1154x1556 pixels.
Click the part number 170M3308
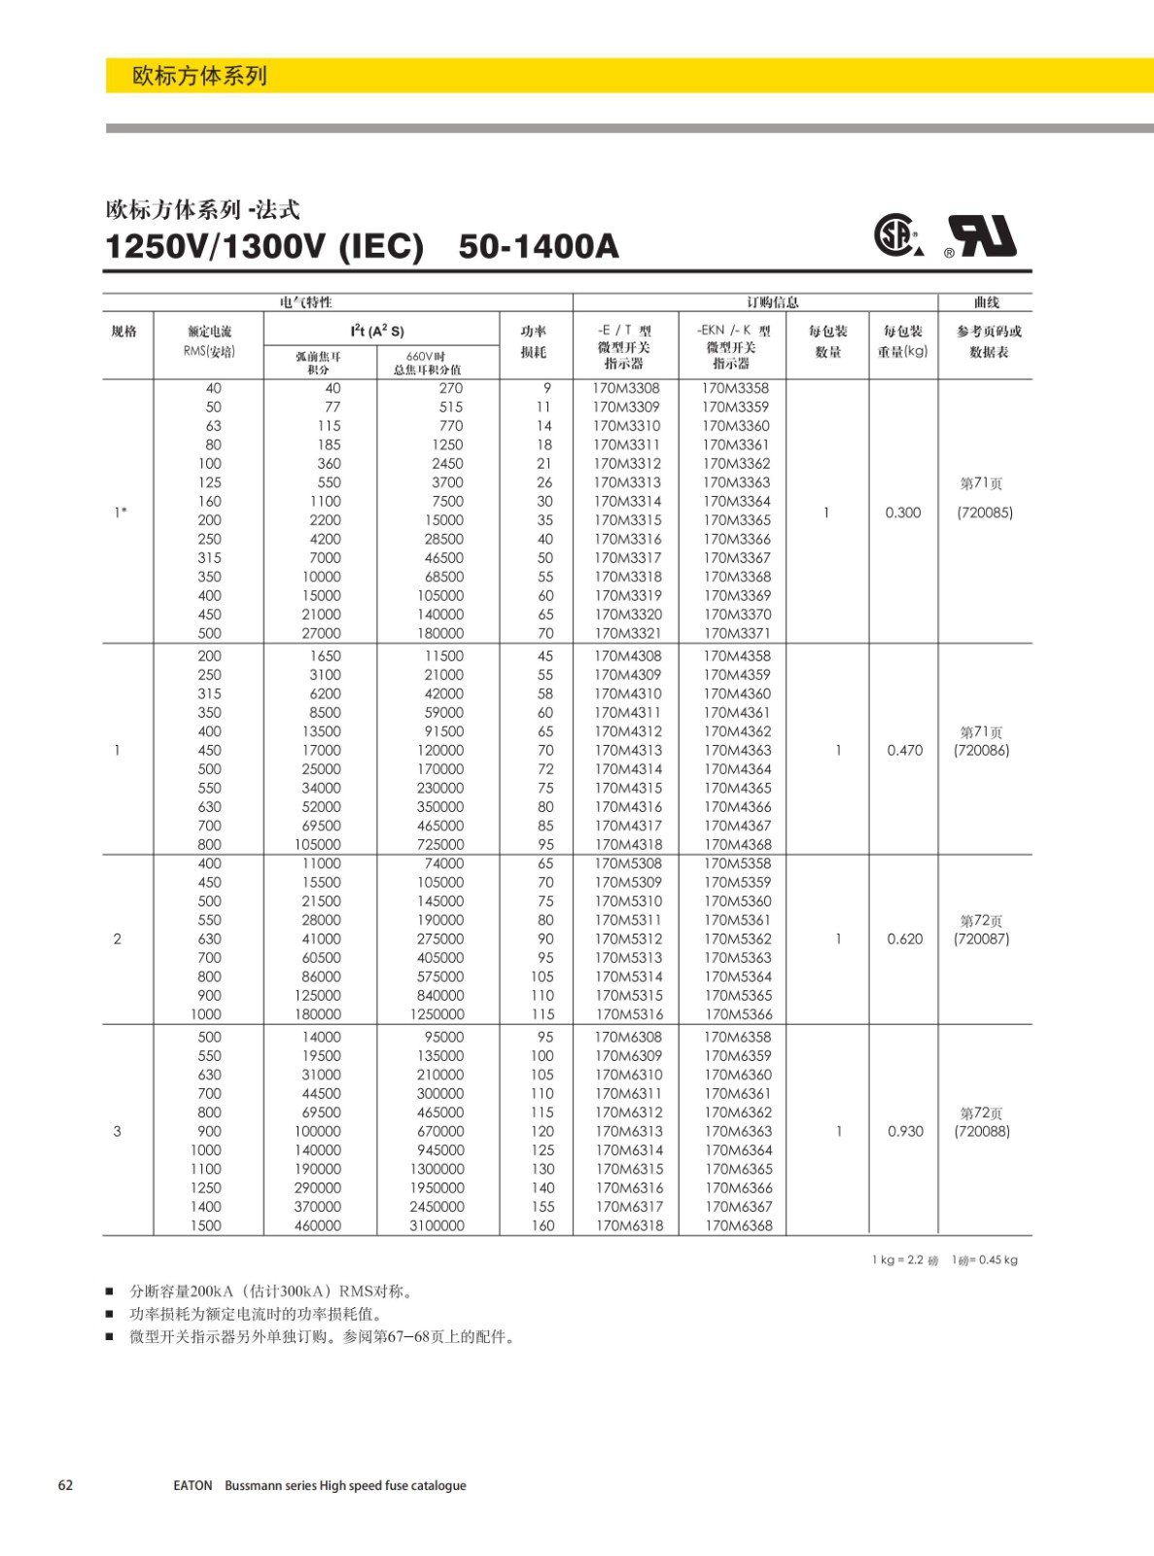coord(626,388)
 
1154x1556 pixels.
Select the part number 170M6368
coord(738,1225)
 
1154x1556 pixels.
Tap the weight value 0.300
coord(902,513)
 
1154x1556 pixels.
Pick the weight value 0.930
coord(904,1131)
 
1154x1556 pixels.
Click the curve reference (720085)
coord(985,513)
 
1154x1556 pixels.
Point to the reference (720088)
coord(982,1131)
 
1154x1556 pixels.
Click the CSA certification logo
coord(896,234)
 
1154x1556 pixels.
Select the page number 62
coord(66,1485)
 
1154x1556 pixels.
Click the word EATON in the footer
coord(192,1486)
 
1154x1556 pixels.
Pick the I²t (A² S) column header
coord(377,331)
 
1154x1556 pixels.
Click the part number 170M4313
coord(628,750)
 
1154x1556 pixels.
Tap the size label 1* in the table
coord(121,513)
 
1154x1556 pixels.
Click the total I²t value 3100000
coord(437,1225)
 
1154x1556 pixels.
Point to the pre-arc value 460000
coord(318,1225)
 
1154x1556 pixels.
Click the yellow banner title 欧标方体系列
coord(199,76)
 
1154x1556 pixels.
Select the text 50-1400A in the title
coord(539,246)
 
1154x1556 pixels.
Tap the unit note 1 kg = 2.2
coord(904,1260)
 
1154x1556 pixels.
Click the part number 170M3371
coord(737,633)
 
